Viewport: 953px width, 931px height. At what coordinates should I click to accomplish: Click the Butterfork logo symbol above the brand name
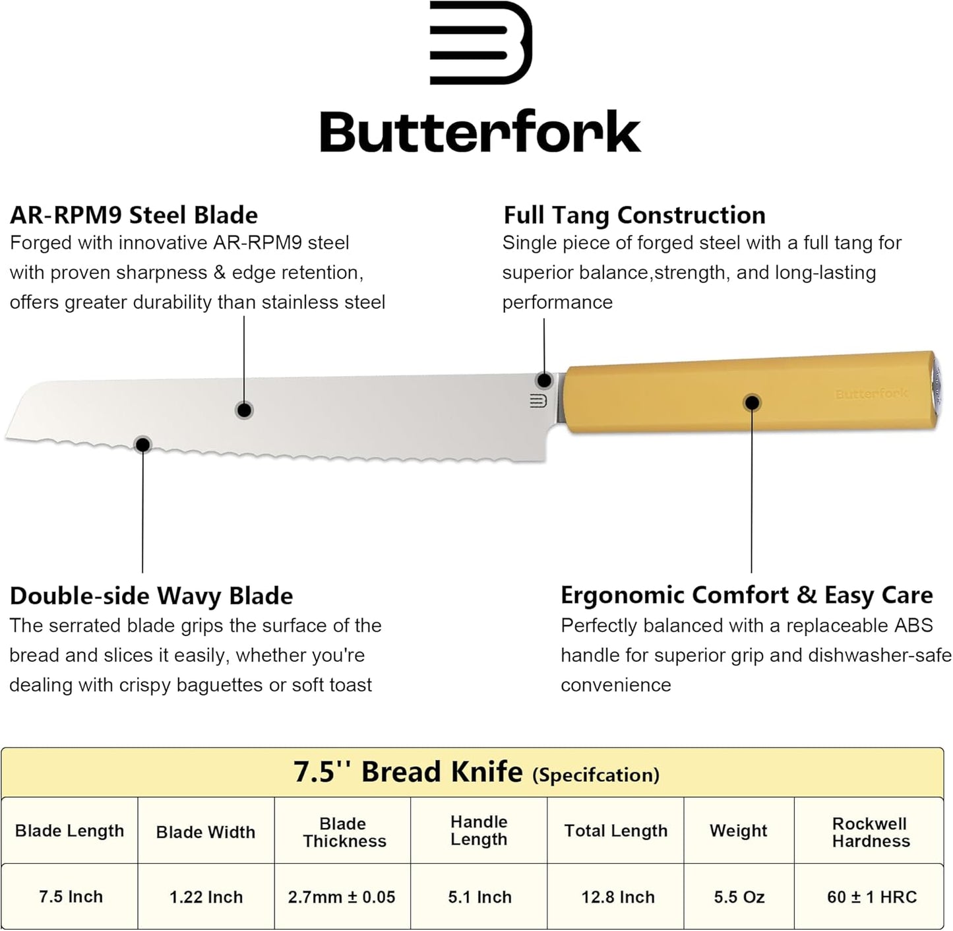tap(480, 43)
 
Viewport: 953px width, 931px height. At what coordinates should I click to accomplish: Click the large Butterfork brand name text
tap(480, 132)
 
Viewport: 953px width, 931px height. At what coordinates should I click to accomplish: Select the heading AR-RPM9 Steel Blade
tap(134, 215)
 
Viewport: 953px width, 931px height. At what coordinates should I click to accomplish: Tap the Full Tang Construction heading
tap(634, 215)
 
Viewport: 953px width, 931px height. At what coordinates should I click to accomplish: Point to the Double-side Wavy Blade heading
tap(151, 596)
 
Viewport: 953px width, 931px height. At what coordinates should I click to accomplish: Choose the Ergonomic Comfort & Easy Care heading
tap(747, 595)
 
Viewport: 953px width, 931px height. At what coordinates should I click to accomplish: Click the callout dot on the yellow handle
tap(752, 402)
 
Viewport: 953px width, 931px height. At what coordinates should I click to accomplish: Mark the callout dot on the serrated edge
tap(142, 444)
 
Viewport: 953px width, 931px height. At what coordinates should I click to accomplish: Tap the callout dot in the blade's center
tap(244, 410)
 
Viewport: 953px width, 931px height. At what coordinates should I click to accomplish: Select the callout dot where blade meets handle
tap(544, 380)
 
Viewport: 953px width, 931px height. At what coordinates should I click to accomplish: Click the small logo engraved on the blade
tap(538, 401)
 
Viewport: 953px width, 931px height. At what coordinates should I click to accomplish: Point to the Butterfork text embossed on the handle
tap(871, 394)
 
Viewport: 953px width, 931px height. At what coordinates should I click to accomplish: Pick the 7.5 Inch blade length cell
tap(71, 897)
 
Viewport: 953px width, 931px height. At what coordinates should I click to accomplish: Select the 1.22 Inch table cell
tap(206, 897)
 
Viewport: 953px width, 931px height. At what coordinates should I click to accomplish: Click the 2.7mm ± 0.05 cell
tap(342, 897)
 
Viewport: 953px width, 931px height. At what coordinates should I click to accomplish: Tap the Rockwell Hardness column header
tap(871, 832)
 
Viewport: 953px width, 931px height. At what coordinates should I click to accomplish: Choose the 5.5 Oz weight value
tap(739, 897)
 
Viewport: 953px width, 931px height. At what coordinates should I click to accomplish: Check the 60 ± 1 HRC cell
tap(871, 897)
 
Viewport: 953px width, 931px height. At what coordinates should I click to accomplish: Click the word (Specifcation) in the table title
tap(596, 775)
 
